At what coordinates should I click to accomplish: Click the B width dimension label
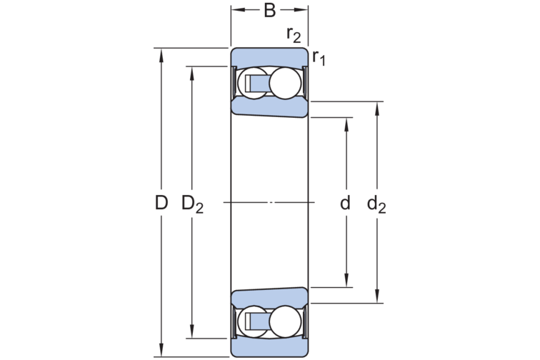point(270,10)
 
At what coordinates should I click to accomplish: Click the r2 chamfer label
point(294,34)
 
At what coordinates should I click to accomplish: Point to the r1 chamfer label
point(319,57)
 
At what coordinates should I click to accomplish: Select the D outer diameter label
point(161,203)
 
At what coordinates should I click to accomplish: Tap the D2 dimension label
point(193,204)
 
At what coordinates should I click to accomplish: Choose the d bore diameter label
point(345,203)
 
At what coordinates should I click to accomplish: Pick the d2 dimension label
point(376,204)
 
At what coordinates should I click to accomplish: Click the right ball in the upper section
point(285,83)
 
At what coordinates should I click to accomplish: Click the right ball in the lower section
point(285,321)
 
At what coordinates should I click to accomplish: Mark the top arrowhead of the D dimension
point(161,54)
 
